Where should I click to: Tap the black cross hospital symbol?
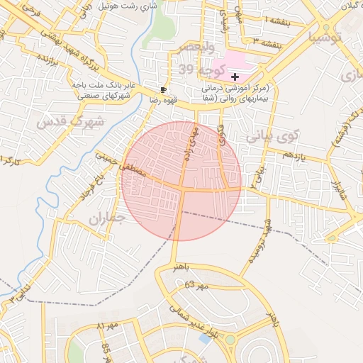pyautogui.click(x=235, y=76)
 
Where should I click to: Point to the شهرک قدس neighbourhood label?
pyautogui.click(x=70, y=122)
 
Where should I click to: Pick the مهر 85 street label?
pyautogui.click(x=106, y=349)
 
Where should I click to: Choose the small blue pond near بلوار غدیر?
pyautogui.click(x=206, y=339)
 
